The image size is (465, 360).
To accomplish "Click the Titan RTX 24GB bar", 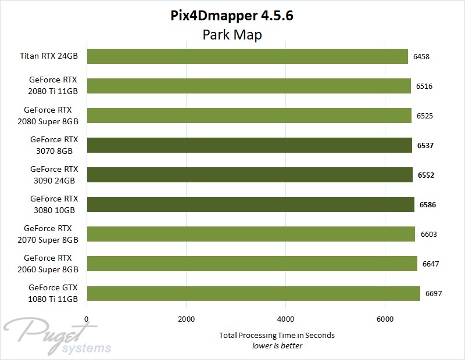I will pos(247,56).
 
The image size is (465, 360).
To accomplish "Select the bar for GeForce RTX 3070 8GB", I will pos(249,145).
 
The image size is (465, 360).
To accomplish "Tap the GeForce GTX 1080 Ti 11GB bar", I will pos(253,293).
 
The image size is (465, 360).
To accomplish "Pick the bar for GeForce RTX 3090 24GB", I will pos(249,175).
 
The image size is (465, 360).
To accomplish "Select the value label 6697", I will pos(434,294).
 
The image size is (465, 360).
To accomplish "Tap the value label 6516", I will pos(424,87).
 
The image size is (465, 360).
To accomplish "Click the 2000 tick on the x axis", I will pos(186,319).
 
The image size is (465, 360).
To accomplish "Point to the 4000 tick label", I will pos(285,319).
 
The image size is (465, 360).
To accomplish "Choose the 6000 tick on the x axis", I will pos(385,319).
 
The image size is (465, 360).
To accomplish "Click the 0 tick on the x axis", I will pos(87,319).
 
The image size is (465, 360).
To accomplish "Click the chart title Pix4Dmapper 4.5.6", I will pos(233,16).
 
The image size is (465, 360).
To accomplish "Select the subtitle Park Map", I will pos(233,35).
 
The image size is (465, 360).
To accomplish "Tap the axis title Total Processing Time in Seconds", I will pos(277,335).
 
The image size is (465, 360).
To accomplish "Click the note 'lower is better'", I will pos(277,345).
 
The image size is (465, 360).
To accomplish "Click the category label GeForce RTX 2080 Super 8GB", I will pos(51,116).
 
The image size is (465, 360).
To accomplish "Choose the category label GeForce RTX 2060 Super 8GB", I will pos(51,264).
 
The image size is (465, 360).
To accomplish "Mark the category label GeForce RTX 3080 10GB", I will pos(54,204).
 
